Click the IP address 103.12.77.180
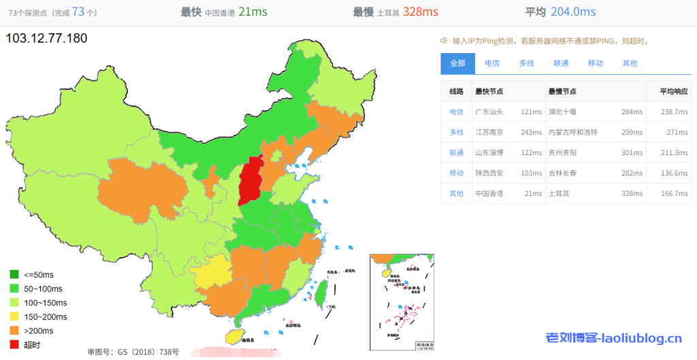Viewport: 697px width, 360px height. (46, 38)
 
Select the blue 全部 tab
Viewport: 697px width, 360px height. (457, 63)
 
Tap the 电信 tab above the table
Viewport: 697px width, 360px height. (491, 63)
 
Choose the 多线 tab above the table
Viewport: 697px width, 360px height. (526, 63)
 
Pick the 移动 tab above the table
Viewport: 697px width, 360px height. (596, 63)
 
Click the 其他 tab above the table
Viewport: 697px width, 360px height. (630, 63)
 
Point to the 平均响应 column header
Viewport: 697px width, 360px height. (674, 91)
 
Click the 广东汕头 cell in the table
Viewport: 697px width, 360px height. (489, 112)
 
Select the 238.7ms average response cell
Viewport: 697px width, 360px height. (673, 112)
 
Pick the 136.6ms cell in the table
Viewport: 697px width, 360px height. (673, 173)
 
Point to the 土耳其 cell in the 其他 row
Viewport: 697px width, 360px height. (558, 193)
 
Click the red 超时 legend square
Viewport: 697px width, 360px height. (14, 345)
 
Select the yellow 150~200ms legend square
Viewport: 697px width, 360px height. (14, 317)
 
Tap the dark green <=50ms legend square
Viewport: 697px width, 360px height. (14, 275)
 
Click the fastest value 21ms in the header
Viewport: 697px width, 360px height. (252, 12)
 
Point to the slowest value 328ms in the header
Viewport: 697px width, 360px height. (420, 12)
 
